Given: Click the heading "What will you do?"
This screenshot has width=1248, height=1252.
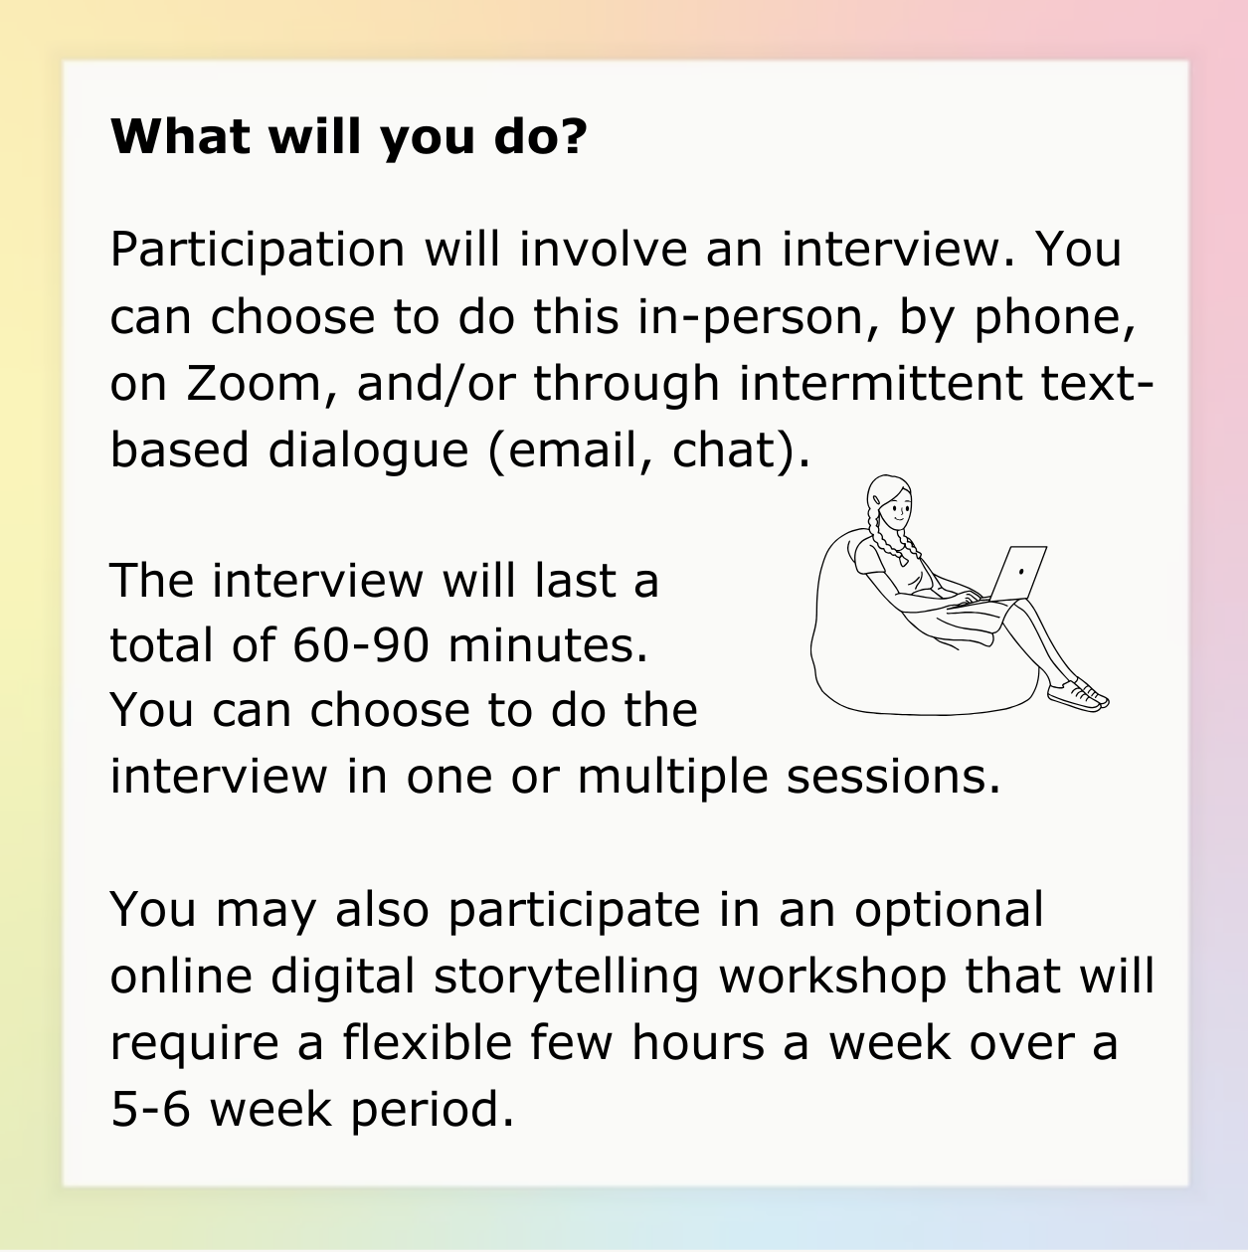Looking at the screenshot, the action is click(348, 138).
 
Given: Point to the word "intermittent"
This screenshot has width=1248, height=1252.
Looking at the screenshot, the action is click(880, 383).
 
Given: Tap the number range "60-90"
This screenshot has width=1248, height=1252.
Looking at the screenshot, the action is click(361, 645).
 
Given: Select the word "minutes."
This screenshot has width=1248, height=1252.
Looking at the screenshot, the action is click(548, 645).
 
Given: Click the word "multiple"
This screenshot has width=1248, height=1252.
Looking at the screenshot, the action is click(672, 777).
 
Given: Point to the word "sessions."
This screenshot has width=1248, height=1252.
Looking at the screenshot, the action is click(892, 777).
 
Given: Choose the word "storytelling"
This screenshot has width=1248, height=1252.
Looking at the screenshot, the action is click(566, 977).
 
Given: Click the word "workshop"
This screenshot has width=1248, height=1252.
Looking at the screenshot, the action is click(832, 977).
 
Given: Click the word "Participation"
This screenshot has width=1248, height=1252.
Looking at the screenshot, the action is click(258, 251).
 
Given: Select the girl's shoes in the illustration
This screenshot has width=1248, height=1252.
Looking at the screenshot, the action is click(1078, 694).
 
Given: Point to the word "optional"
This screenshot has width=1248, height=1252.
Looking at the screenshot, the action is click(949, 910).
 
